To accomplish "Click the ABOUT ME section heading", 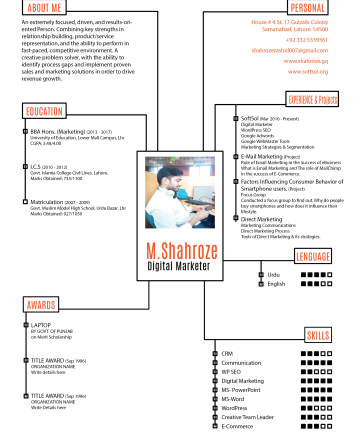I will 46,7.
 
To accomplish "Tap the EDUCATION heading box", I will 46,110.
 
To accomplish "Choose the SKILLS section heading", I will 318,333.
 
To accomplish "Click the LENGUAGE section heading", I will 313,257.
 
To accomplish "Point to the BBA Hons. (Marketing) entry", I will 57,130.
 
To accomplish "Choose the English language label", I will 275,283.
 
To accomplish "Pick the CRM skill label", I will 227,354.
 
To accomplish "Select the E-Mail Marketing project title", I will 241,156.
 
